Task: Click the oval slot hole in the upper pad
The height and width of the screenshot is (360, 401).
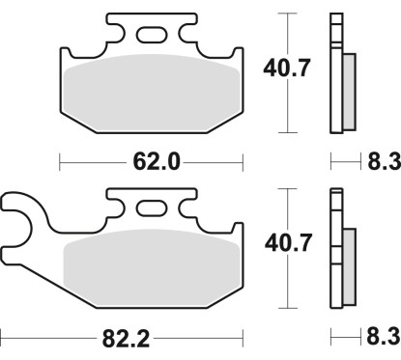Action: [151, 37]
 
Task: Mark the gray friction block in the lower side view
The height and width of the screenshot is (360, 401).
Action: [349, 265]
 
